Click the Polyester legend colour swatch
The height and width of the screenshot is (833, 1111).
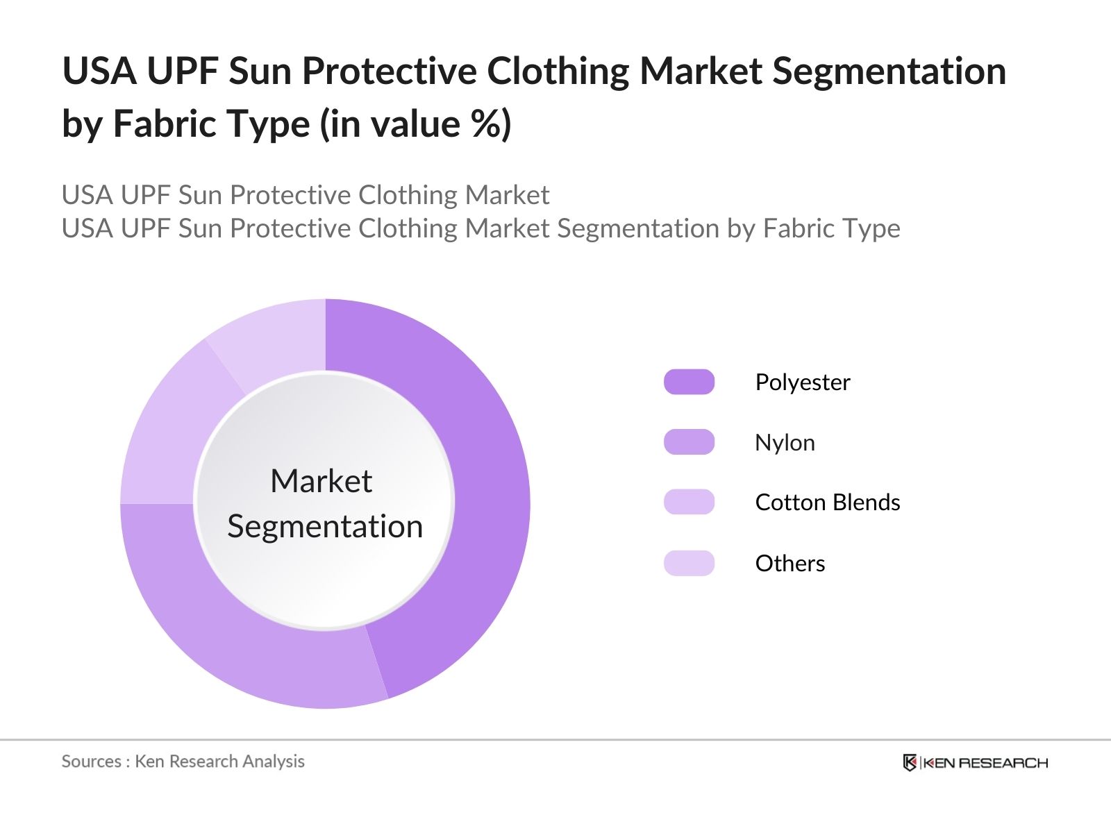click(x=689, y=382)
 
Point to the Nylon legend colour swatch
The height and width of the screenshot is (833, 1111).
click(x=689, y=442)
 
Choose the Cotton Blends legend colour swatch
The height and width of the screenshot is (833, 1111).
click(x=689, y=502)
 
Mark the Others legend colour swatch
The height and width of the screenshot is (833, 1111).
click(x=689, y=563)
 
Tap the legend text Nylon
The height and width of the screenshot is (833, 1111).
click(x=785, y=444)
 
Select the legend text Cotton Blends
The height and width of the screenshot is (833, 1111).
click(x=828, y=503)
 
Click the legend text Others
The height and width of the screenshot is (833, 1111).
click(x=790, y=564)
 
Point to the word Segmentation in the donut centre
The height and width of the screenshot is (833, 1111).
click(x=325, y=527)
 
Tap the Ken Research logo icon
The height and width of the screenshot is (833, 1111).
click(x=910, y=762)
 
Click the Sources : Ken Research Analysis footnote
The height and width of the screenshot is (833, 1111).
click(x=183, y=762)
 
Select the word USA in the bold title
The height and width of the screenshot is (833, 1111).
click(x=99, y=71)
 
